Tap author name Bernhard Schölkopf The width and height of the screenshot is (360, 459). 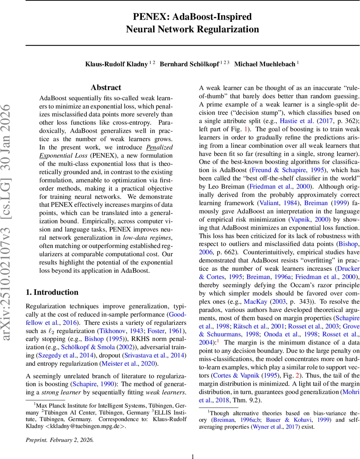(x=189, y=64)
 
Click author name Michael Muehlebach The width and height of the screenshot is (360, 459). (x=264, y=64)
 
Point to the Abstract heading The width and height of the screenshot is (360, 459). (x=106, y=88)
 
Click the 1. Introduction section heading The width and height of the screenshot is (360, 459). (x=52, y=292)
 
